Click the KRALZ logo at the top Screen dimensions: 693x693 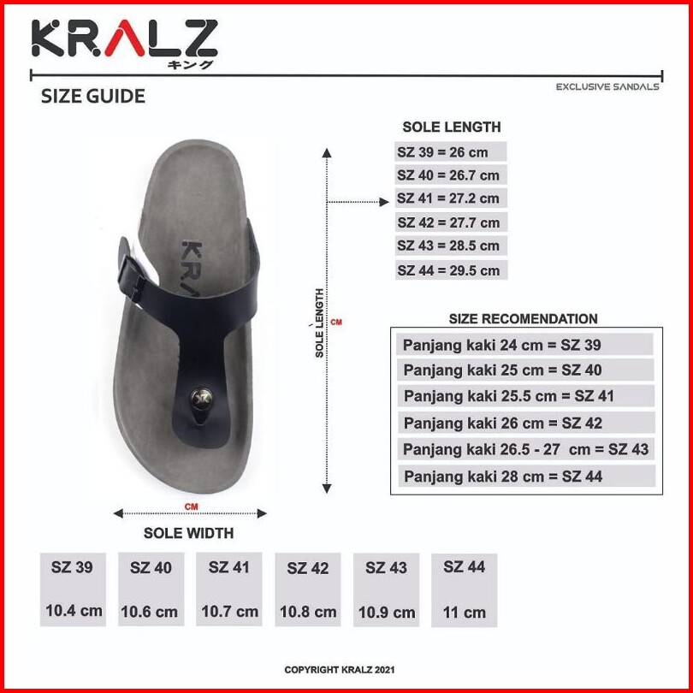coord(125,44)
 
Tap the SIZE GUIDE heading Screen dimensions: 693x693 coord(92,97)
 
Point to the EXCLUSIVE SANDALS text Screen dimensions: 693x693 coord(607,87)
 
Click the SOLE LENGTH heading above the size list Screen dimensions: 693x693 coord(451,127)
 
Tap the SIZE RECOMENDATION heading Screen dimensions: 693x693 coord(523,318)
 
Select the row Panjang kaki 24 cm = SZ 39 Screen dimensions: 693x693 coord(501,345)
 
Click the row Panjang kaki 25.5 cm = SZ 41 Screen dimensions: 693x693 coord(509,396)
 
